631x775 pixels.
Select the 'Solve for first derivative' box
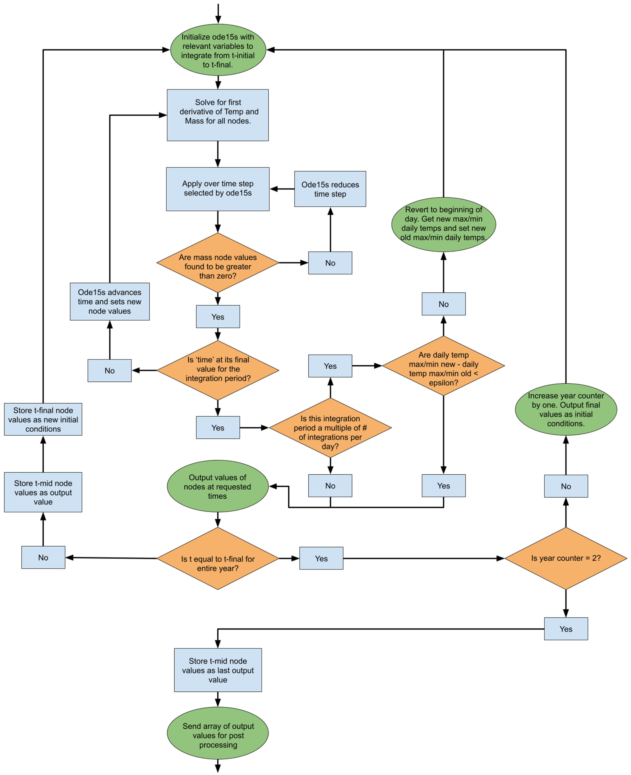click(218, 115)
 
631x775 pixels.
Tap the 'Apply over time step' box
click(218, 189)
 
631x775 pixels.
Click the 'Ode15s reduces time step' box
click(330, 189)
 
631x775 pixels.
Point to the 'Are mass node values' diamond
click(218, 263)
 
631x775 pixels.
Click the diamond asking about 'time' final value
click(218, 370)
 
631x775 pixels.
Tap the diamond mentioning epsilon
click(443, 366)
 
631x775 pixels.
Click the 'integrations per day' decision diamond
click(330, 428)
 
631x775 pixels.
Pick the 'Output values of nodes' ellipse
click(218, 486)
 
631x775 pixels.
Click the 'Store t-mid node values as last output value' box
click(218, 670)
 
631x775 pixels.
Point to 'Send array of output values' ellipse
click(218, 733)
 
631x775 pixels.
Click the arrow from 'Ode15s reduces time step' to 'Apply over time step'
click(282, 189)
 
